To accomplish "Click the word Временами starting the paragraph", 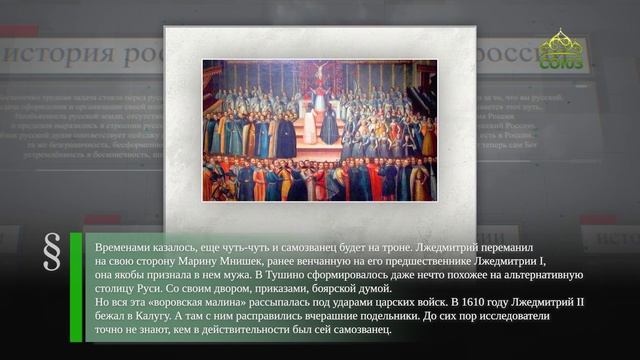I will pyautogui.click(x=126, y=244).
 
